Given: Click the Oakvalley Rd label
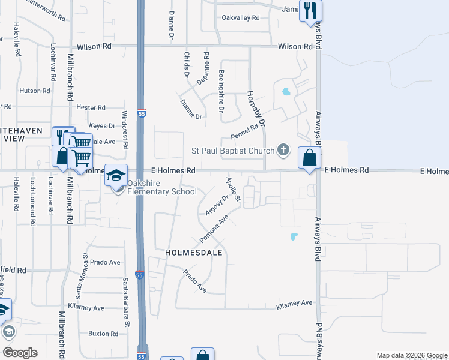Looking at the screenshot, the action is click(x=240, y=18).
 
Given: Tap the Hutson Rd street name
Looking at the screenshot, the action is click(x=34, y=91).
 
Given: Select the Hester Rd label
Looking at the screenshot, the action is click(x=91, y=107).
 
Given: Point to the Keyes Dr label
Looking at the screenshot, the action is click(x=101, y=125).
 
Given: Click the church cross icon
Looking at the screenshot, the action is click(x=284, y=150).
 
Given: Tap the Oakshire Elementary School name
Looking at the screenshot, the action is click(x=161, y=191).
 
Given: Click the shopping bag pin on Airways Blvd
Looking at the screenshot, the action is click(x=310, y=158).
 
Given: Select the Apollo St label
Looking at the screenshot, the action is click(x=232, y=189).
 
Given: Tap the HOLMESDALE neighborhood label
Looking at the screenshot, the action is click(x=190, y=253).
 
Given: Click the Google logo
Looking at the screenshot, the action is click(x=20, y=352).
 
